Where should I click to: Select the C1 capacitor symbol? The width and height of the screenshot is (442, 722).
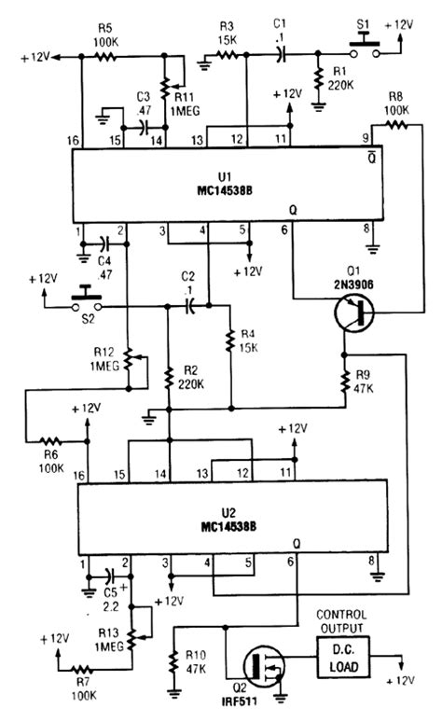[281, 55]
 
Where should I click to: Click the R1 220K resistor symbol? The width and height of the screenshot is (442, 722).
[320, 80]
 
